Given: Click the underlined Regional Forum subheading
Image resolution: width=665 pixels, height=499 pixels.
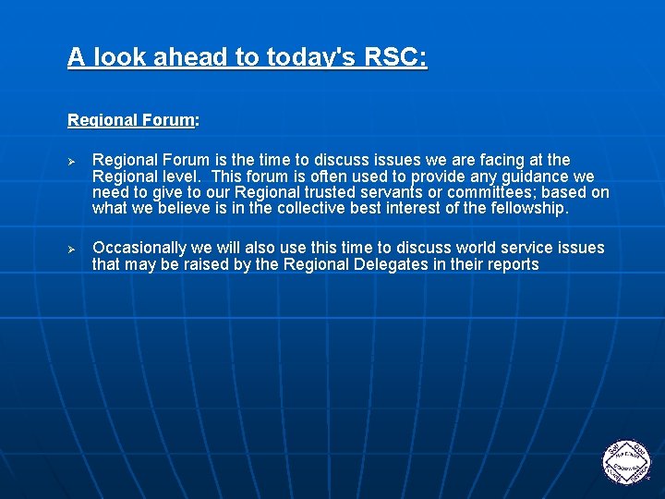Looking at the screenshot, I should [131, 120].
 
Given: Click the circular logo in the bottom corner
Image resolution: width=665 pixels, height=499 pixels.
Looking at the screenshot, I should [626, 460].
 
